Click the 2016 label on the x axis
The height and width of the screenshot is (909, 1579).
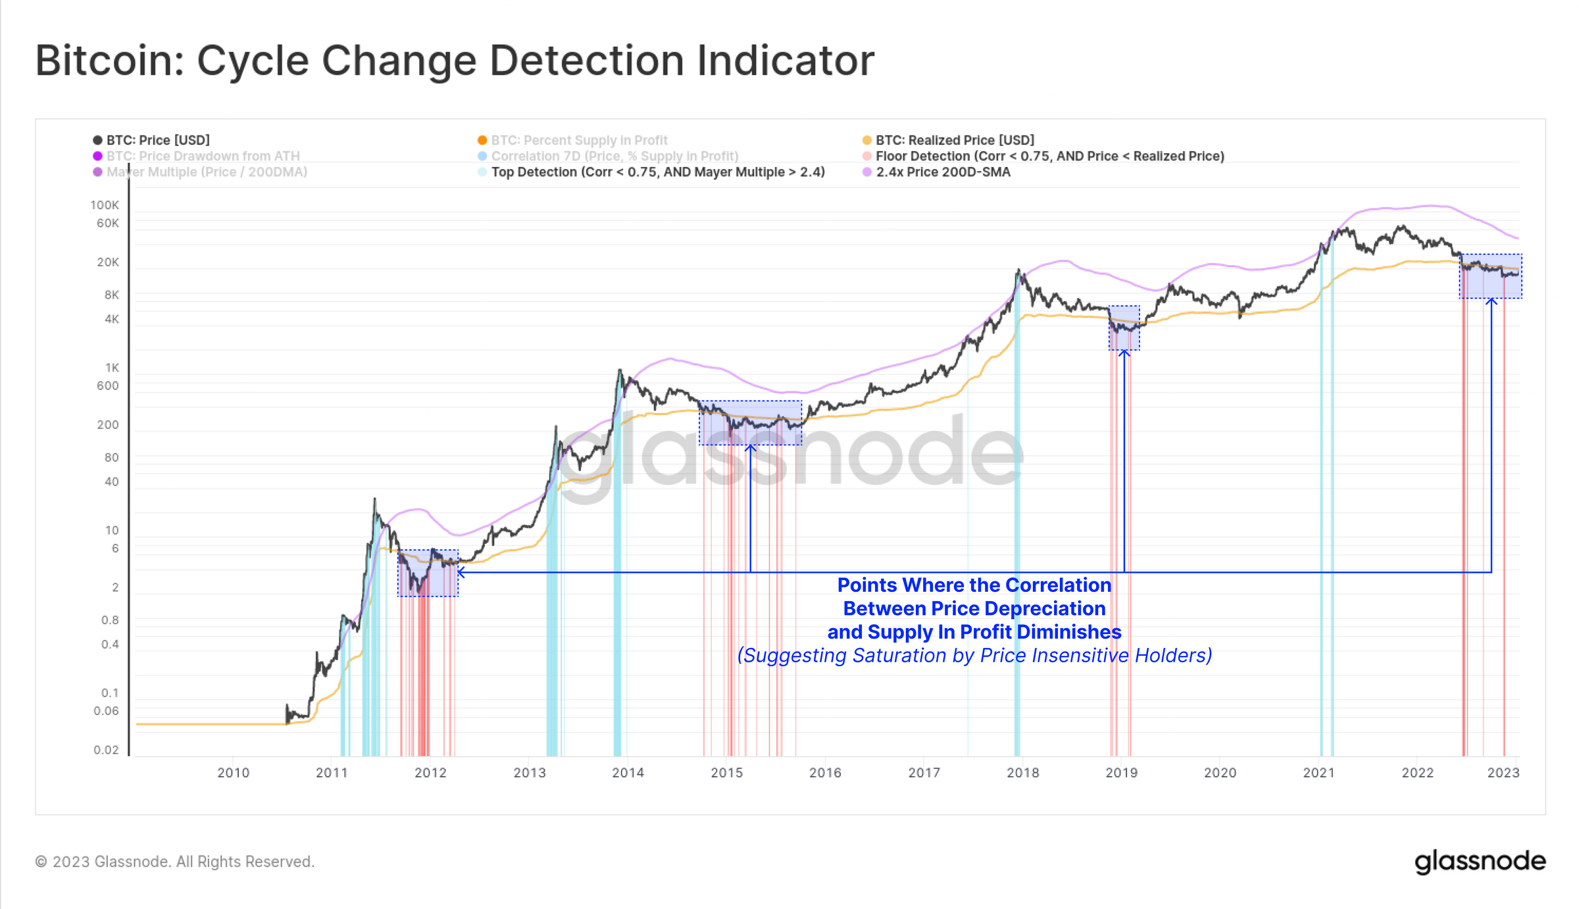[825, 773]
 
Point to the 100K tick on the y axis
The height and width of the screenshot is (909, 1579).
[105, 205]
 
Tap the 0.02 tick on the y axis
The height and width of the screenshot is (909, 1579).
[106, 750]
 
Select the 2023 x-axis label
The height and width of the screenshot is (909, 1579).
[1503, 773]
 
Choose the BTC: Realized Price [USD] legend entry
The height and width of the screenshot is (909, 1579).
[954, 140]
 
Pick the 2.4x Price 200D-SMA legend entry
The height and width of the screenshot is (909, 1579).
[942, 172]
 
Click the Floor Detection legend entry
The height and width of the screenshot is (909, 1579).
[1049, 156]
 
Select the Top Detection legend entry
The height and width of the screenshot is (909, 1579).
[657, 172]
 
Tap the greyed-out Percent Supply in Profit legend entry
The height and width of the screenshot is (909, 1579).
[579, 140]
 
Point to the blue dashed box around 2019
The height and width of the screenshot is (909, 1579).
[1124, 328]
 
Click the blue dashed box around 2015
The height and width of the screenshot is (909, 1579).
[750, 422]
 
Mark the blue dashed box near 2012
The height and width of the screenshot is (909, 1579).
[428, 573]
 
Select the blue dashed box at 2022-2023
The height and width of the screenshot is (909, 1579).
[1490, 276]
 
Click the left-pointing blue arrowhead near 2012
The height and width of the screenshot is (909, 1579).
[461, 572]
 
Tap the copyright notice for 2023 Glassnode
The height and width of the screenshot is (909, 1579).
[174, 862]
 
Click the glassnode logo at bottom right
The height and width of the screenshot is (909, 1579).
[1479, 861]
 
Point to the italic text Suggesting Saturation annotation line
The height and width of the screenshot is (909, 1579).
[974, 656]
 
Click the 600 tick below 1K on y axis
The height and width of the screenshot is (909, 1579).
[108, 386]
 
